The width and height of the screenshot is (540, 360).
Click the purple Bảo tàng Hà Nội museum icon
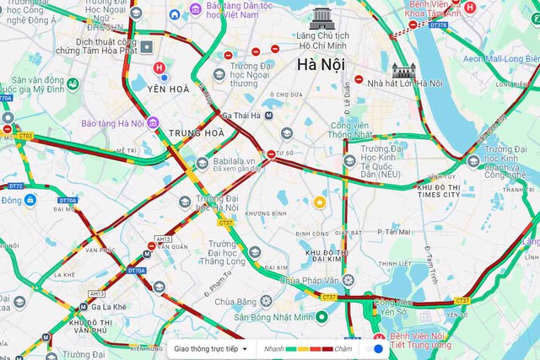tap(153, 123)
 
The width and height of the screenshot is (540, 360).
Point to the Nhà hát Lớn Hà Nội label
tap(404, 83)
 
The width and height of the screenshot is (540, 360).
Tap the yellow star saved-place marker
tap(320, 201)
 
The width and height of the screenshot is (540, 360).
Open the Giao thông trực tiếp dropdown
tap(211, 348)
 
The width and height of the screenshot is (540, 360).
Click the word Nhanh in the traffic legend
tap(273, 348)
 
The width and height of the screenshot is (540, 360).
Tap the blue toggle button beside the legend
tap(379, 348)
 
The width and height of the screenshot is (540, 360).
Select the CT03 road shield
tap(25, 136)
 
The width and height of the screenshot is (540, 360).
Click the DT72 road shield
tap(16, 185)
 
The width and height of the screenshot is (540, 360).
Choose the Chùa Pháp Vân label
tap(312, 279)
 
